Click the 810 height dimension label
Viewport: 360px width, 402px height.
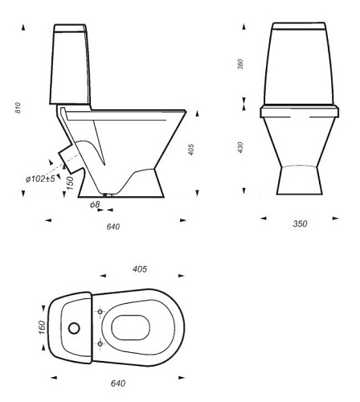coord(18,108)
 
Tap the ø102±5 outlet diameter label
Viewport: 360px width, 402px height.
coord(40,178)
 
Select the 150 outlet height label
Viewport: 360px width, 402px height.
coord(70,183)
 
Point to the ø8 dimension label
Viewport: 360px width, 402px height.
coord(95,205)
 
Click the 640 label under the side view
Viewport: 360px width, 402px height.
coord(113,227)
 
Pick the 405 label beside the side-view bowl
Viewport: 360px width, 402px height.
coord(191,150)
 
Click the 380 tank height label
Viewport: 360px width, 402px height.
coord(240,64)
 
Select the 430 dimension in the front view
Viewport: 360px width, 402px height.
coord(240,147)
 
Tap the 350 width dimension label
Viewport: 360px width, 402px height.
coord(300,224)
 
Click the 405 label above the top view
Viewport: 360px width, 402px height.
coord(140,269)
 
